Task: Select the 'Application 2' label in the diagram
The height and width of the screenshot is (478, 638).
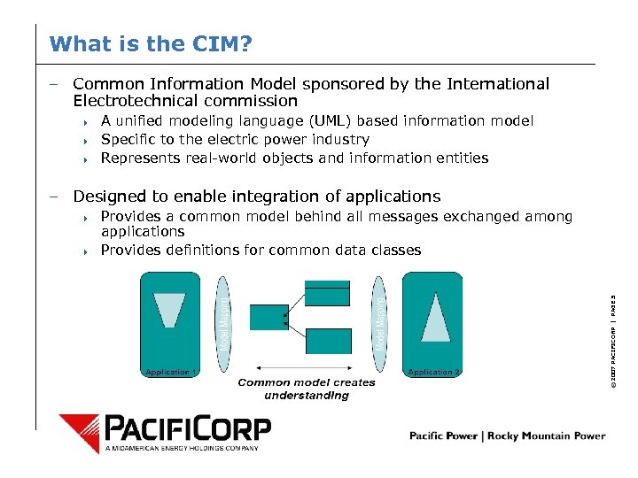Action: click(x=433, y=372)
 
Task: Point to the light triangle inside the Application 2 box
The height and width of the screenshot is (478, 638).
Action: click(x=435, y=317)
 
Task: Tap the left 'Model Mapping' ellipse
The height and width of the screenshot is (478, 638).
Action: click(x=223, y=324)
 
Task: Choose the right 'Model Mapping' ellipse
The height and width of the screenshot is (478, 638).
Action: click(x=379, y=324)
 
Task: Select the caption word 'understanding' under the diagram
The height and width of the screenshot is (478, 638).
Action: click(x=307, y=396)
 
